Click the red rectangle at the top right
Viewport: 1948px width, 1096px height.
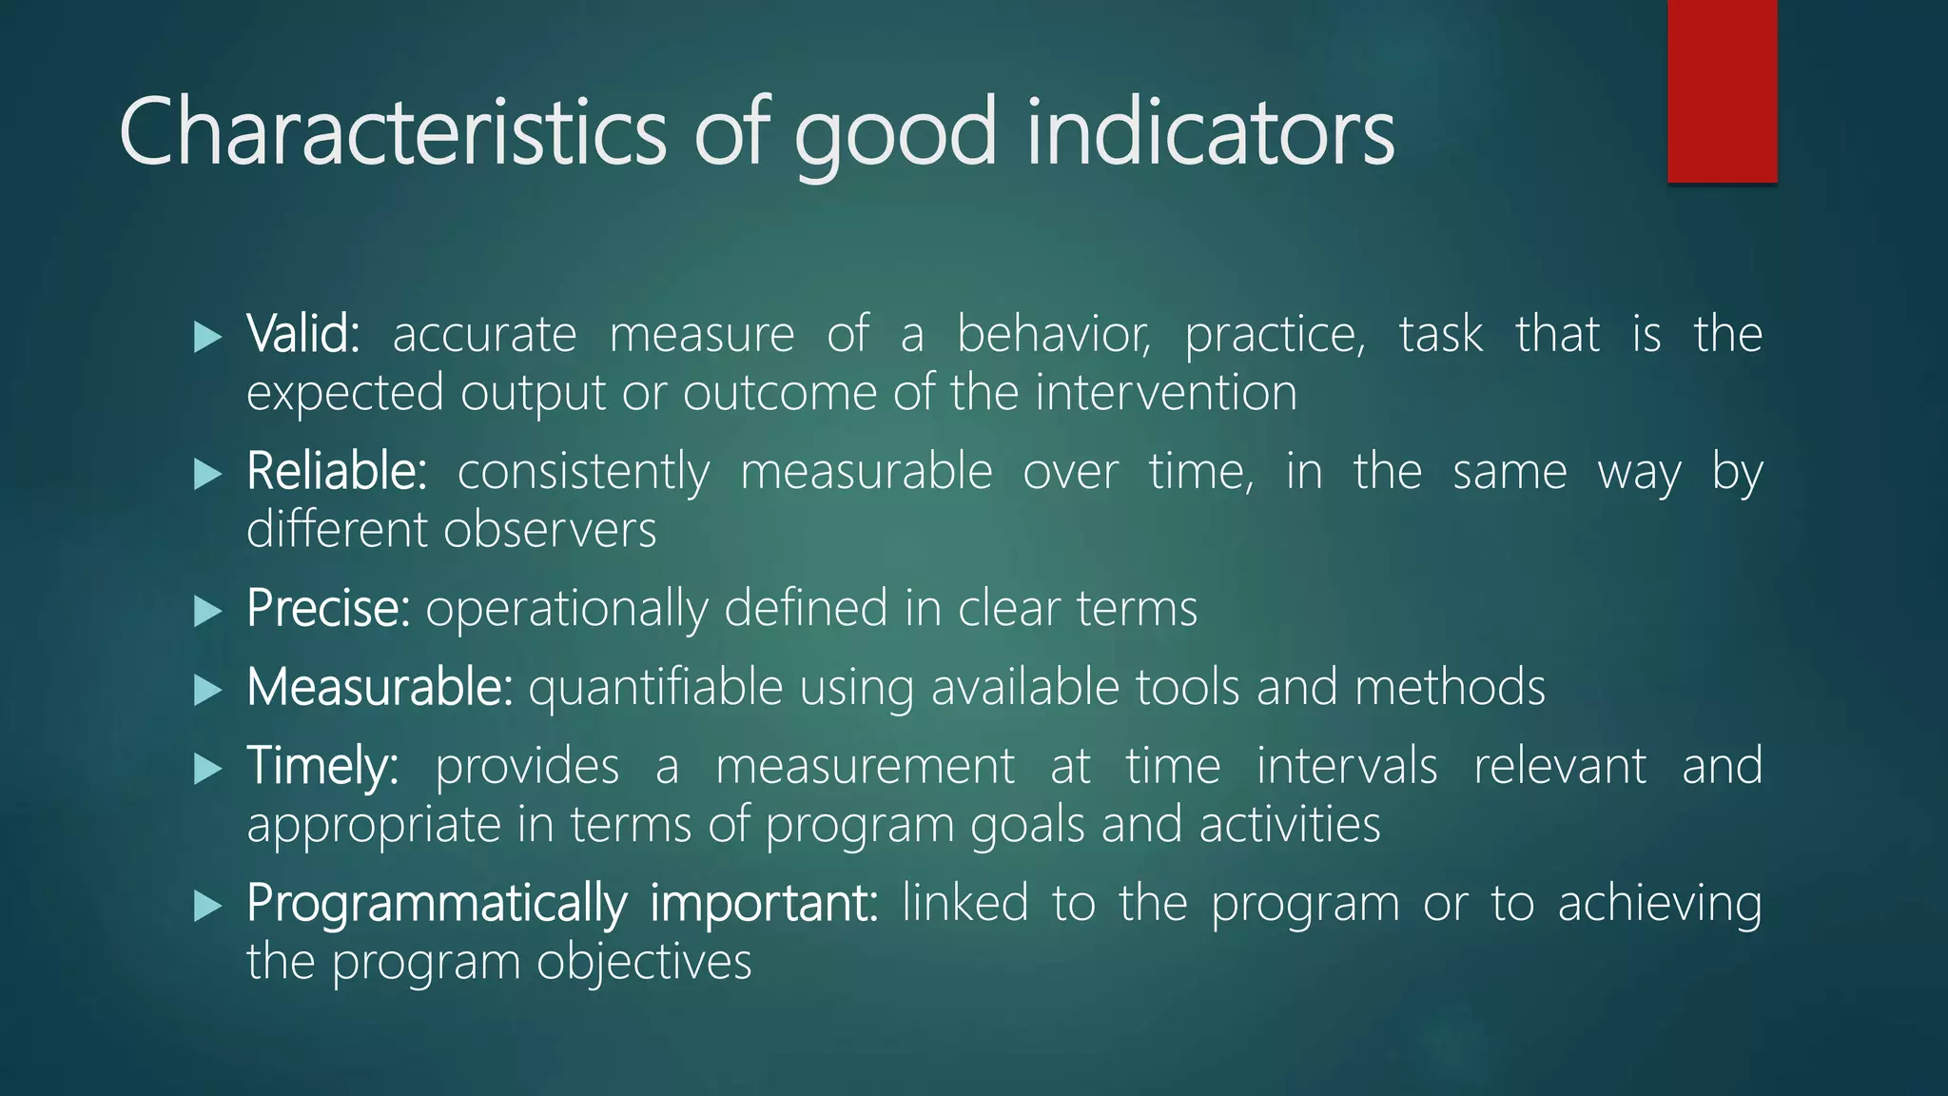point(1722,90)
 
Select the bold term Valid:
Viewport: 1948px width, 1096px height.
point(302,334)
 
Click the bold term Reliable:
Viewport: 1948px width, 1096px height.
point(337,471)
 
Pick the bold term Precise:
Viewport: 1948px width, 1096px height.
point(328,608)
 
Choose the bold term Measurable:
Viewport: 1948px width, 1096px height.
point(380,687)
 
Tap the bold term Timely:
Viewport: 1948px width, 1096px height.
point(322,766)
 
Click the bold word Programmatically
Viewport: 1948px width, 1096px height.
point(437,903)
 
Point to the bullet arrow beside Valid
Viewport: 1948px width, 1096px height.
point(206,337)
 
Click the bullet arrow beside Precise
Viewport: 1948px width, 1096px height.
point(206,611)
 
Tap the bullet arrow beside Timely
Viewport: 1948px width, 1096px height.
point(206,769)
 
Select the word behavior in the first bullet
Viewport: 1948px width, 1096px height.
point(1053,334)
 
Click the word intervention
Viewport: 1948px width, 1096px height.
point(1166,393)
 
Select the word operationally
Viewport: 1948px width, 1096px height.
point(566,610)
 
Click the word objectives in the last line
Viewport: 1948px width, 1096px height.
point(644,963)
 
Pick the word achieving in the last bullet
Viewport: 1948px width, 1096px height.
point(1660,905)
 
